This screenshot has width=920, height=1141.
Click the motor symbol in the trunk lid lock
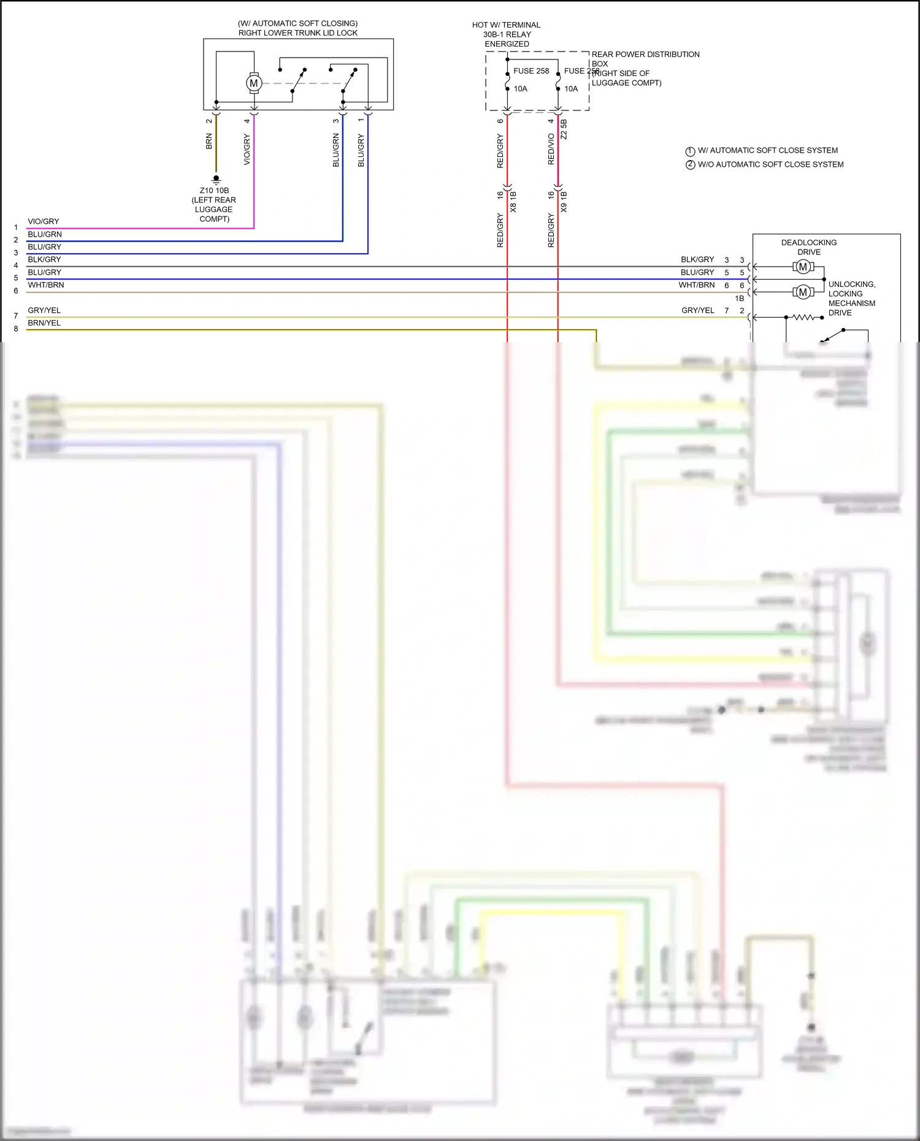tap(253, 83)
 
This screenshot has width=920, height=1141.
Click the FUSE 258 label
tap(531, 71)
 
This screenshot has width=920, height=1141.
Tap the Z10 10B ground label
tap(214, 191)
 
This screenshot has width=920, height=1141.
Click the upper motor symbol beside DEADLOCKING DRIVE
tap(803, 267)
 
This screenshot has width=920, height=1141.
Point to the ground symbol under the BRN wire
tap(216, 179)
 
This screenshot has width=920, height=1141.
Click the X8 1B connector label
tap(513, 202)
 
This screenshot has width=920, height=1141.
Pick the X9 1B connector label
tap(564, 202)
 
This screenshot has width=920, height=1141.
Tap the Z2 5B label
tap(564, 129)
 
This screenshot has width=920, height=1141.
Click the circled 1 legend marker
tap(690, 151)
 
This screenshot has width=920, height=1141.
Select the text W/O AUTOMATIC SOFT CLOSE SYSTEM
tap(770, 164)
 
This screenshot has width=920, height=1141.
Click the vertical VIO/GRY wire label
tap(247, 150)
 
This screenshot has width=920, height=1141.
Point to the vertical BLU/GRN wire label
tap(335, 151)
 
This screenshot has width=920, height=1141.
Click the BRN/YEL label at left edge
tap(44, 323)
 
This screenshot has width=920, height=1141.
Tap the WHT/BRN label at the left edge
tap(46, 285)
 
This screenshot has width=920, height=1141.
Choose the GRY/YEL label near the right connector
tap(697, 310)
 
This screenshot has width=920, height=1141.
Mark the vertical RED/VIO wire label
tap(551, 149)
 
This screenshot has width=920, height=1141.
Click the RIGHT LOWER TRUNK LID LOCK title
tap(297, 33)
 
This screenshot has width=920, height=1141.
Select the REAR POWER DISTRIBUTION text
tap(645, 55)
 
